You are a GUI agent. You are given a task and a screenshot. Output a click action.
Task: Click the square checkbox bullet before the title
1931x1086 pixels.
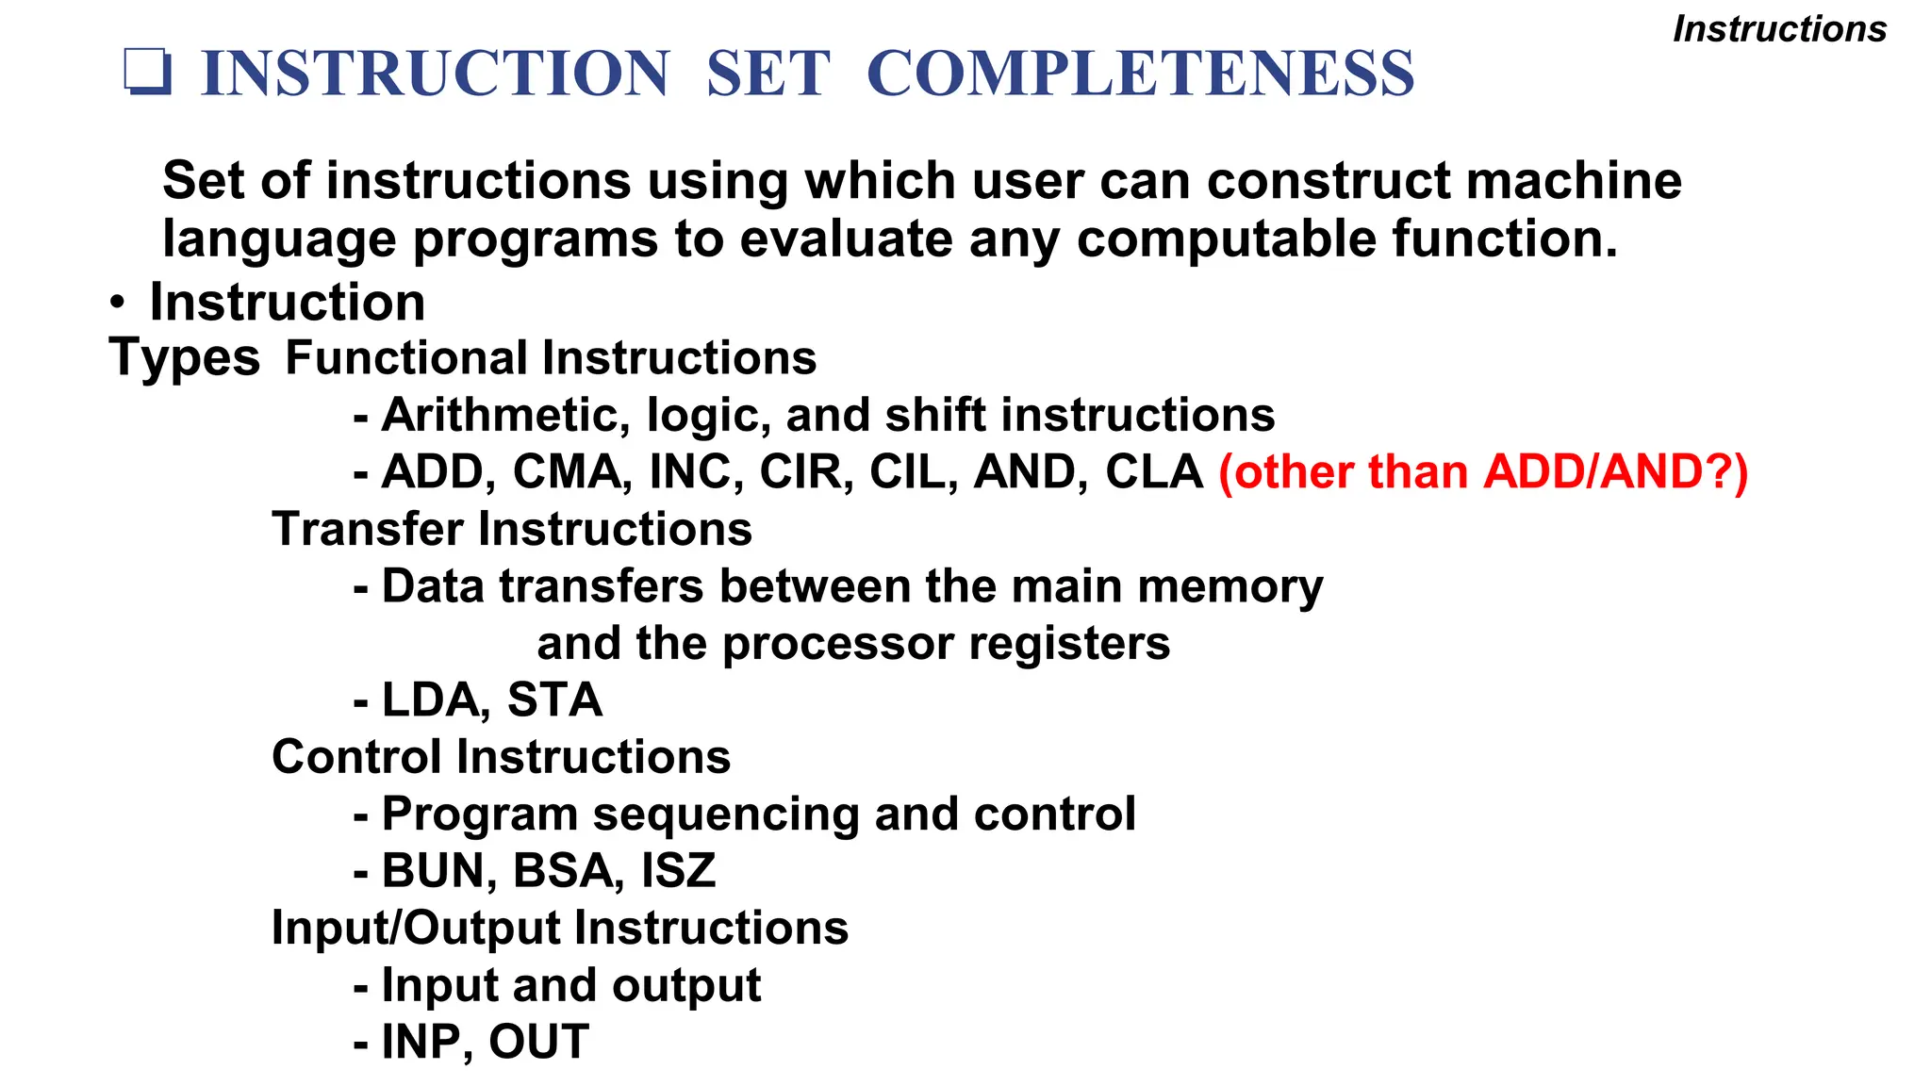pos(148,73)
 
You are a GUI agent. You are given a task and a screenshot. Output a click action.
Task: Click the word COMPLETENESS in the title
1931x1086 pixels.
pos(1140,74)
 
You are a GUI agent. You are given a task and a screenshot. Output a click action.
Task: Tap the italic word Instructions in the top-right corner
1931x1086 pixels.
pos(1779,29)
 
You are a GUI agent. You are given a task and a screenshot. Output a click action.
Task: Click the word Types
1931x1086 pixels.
pos(185,359)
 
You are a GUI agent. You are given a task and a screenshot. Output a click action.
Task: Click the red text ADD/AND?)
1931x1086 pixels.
pos(1615,472)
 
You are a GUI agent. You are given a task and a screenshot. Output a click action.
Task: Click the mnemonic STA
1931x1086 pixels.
pos(554,700)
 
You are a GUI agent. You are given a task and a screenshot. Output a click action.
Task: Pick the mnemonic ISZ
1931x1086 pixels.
pos(678,871)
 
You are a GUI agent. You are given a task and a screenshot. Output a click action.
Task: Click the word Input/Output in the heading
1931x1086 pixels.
pos(415,928)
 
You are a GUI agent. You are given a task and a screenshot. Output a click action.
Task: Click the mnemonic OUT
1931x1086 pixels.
pos(538,1043)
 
